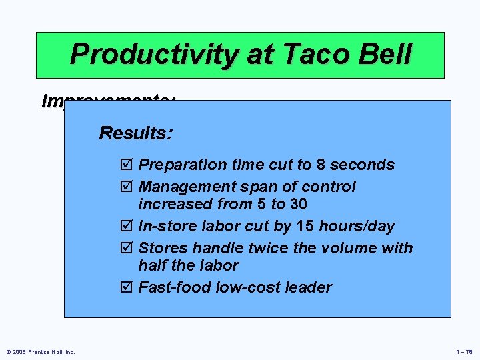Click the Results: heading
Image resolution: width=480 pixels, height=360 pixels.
(x=136, y=133)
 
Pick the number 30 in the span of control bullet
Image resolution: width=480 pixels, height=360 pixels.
(x=297, y=204)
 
